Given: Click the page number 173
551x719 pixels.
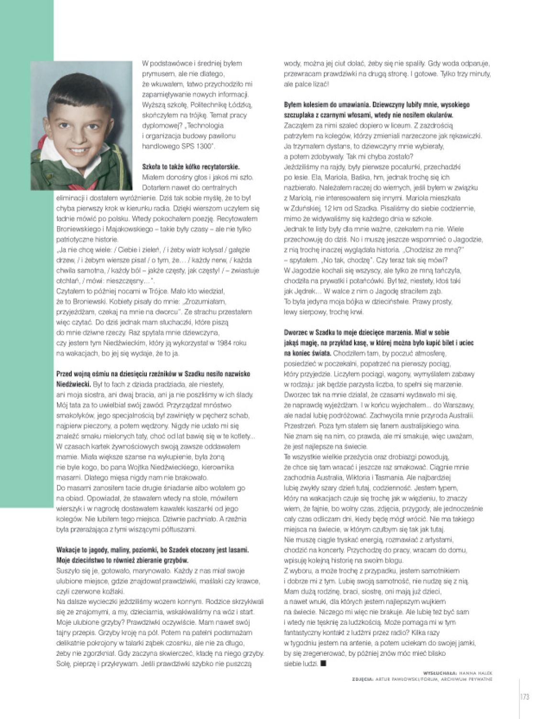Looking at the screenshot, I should coord(524,697).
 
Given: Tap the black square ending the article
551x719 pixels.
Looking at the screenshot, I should coord(323,664).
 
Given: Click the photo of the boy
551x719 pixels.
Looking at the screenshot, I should coord(81,125).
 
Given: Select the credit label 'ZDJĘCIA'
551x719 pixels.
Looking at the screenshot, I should coord(362,678).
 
